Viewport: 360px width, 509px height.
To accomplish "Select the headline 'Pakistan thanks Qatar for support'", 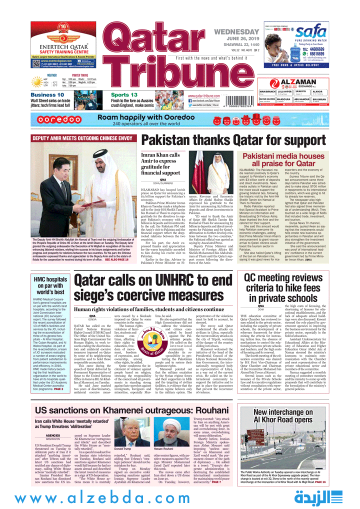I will (240, 140).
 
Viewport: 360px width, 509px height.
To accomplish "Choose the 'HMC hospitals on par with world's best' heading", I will (49, 284).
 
